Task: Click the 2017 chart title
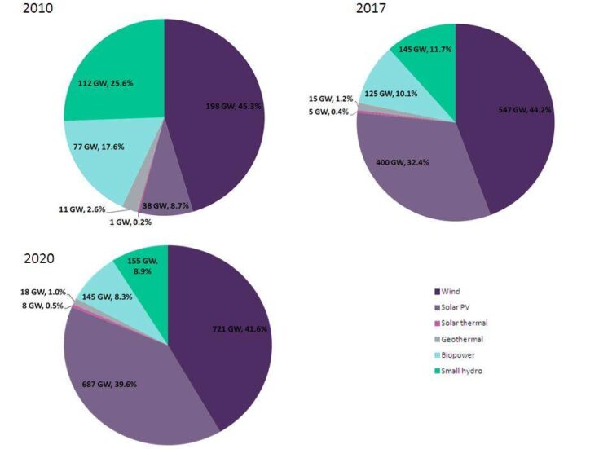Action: pyautogui.click(x=372, y=10)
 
